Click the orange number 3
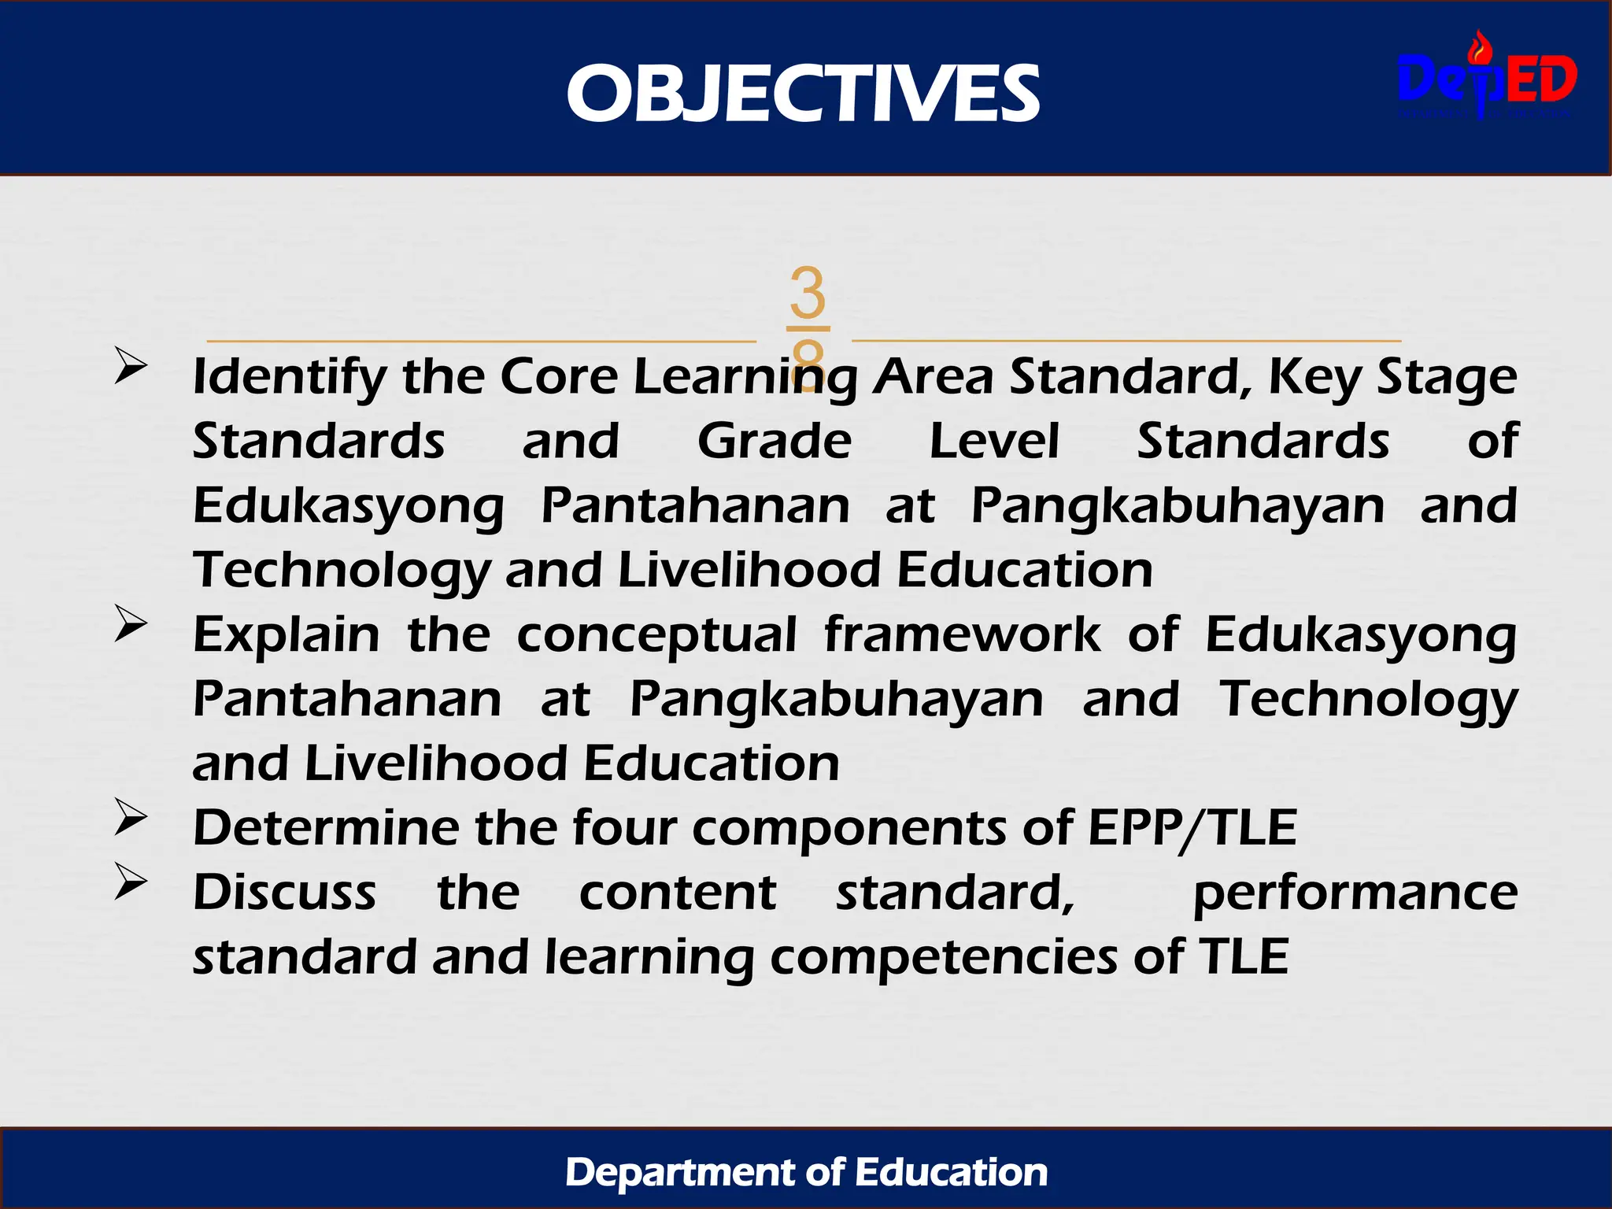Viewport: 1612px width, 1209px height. click(808, 293)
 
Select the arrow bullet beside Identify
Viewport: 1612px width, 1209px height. click(131, 365)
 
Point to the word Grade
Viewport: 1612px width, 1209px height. click(775, 441)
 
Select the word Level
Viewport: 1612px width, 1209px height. click(994, 441)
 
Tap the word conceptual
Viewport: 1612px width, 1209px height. click(656, 636)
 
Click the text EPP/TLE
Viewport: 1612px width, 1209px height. click(1192, 828)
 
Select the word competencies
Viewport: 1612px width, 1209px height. click(943, 959)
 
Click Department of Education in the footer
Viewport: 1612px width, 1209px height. click(806, 1172)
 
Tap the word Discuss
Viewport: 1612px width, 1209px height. click(285, 893)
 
